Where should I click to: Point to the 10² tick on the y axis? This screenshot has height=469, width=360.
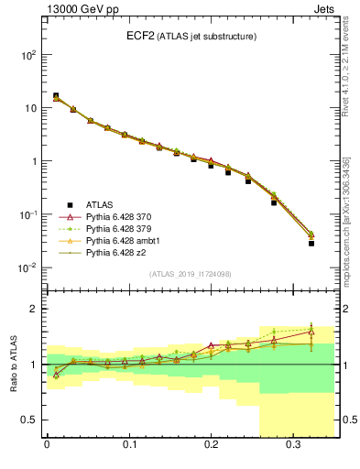[27, 55]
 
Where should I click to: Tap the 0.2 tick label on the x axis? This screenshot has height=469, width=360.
[211, 446]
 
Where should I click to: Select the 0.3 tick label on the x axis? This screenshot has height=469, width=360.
[293, 446]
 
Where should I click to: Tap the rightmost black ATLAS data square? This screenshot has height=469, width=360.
[311, 244]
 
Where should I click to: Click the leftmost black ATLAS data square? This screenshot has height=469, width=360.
[56, 95]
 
